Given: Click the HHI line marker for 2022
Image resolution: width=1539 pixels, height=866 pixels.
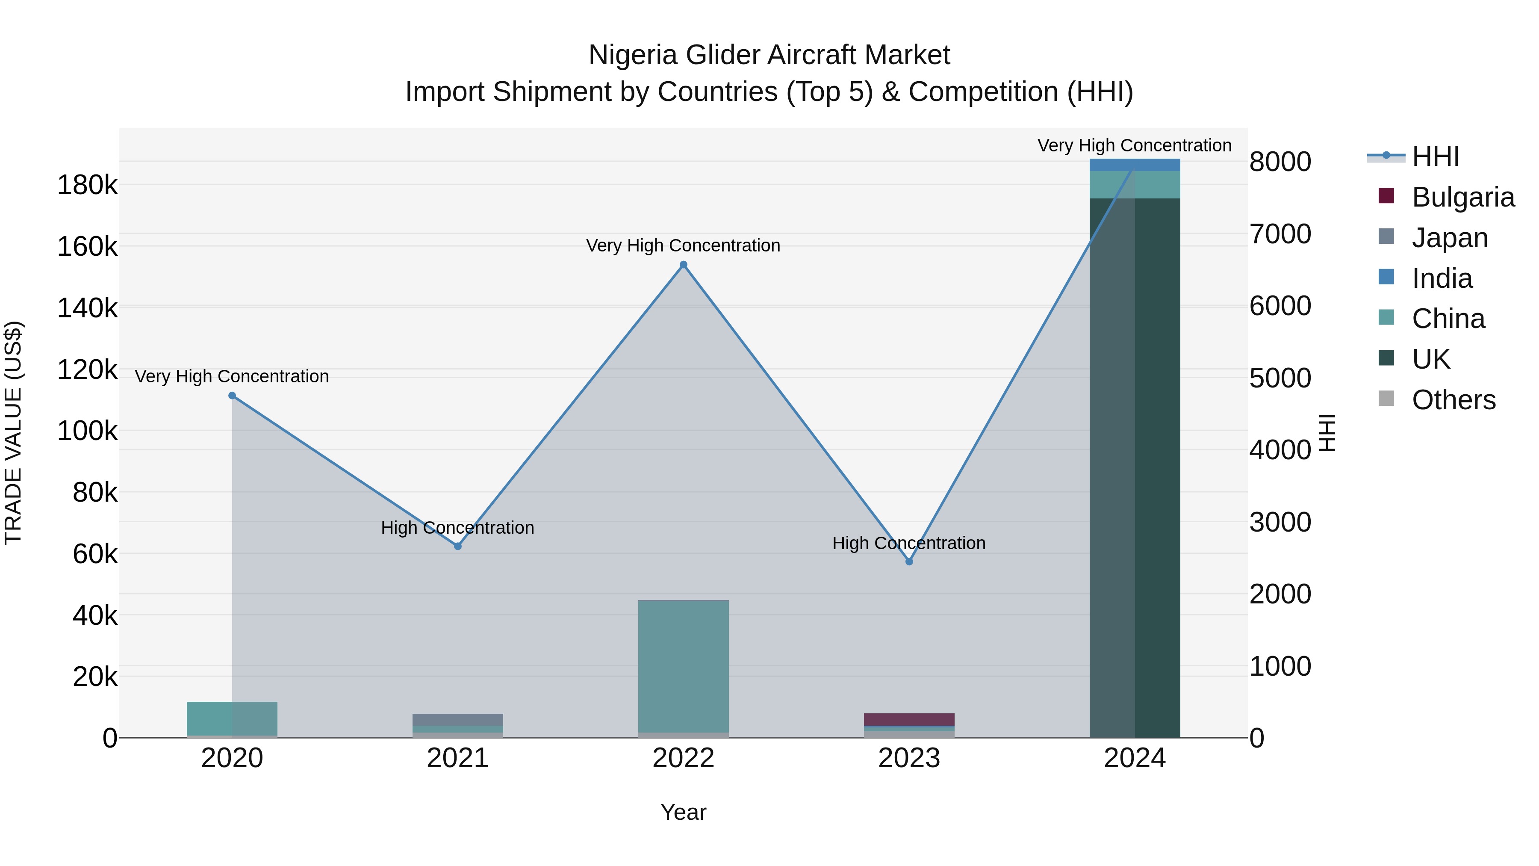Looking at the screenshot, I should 684,265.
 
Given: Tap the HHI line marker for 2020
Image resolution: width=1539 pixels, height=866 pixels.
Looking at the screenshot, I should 233,396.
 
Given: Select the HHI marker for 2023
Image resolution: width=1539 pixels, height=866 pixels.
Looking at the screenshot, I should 909,562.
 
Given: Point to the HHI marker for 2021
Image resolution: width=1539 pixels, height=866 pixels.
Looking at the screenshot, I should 457,546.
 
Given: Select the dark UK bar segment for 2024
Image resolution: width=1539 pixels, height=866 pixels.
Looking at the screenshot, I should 1135,466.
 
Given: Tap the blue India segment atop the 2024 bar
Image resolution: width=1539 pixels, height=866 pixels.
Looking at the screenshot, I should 1135,164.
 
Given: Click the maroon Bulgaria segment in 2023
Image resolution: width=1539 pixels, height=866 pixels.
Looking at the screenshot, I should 909,719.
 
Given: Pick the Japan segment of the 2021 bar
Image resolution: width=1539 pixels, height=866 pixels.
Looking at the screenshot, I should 457,720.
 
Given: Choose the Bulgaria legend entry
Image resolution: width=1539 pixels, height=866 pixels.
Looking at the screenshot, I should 1462,197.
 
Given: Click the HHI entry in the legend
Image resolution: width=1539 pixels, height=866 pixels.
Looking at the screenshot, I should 1435,157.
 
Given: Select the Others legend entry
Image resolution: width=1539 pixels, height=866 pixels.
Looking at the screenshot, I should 1453,400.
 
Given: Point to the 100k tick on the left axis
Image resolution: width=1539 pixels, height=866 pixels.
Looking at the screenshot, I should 87,431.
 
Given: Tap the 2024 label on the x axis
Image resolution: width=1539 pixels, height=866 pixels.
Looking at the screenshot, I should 1135,758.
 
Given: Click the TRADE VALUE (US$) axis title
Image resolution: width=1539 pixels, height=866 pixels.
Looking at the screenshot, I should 13,433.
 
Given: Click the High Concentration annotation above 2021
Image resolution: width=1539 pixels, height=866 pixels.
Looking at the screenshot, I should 457,528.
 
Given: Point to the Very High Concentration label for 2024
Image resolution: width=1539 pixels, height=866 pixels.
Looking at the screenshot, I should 1135,145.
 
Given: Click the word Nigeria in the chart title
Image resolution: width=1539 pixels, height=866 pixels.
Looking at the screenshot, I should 633,55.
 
